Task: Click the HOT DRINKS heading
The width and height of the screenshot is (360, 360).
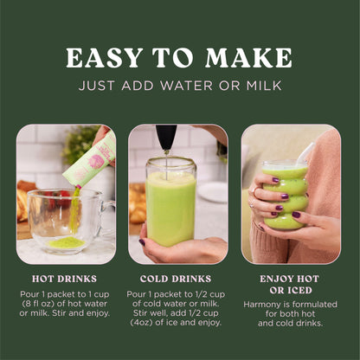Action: [x=64, y=279]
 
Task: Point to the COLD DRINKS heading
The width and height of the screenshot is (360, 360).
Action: [x=176, y=279]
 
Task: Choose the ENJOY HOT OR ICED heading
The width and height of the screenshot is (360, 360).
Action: [x=290, y=285]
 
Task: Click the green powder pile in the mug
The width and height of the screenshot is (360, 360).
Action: [x=67, y=243]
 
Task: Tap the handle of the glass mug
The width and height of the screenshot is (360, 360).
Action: [x=107, y=212]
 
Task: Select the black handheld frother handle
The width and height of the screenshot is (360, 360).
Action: [x=166, y=137]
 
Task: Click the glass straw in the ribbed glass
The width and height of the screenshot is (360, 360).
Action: [x=306, y=154]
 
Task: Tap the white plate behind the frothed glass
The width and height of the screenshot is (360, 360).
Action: [x=213, y=192]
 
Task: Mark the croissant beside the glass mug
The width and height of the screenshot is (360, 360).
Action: [x=25, y=201]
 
